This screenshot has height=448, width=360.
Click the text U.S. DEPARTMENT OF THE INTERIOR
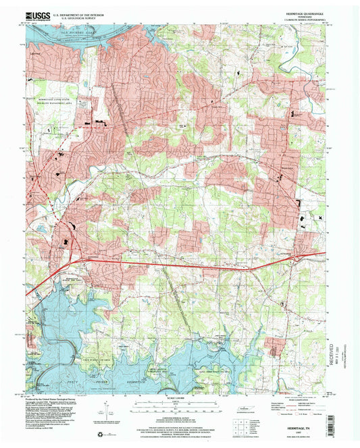(x=81, y=13)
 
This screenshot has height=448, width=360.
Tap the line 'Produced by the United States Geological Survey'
(x=57, y=399)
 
